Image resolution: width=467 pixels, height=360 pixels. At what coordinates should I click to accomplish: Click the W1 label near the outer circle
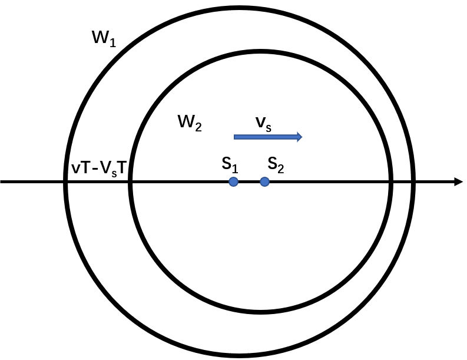pyautogui.click(x=104, y=39)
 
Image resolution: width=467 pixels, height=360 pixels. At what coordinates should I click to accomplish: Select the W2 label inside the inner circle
pyautogui.click(x=190, y=123)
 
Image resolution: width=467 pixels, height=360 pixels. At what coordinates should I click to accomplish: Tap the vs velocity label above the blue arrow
pyautogui.click(x=264, y=124)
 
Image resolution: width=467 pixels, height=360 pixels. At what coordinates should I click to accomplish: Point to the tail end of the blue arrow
pyautogui.click(x=234, y=137)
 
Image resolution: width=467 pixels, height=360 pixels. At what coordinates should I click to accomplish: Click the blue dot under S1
pyautogui.click(x=233, y=181)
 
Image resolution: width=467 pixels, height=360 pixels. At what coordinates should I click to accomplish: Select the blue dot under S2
pyautogui.click(x=265, y=181)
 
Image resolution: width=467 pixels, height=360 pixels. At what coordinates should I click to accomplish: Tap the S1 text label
pyautogui.click(x=230, y=165)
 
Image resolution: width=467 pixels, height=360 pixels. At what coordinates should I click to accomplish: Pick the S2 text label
pyautogui.click(x=276, y=165)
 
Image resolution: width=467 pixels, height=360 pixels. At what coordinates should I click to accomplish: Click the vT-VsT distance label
pyautogui.click(x=99, y=168)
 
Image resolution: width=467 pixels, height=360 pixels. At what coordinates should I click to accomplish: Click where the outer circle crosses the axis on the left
pyautogui.click(x=65, y=181)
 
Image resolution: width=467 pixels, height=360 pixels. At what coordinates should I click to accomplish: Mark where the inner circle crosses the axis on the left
pyautogui.click(x=130, y=181)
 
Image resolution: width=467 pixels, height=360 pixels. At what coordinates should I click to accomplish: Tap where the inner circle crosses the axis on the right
pyautogui.click(x=391, y=181)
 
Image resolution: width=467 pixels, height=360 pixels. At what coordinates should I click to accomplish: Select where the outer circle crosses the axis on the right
pyautogui.click(x=413, y=181)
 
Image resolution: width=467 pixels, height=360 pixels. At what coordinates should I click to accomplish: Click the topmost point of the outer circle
pyautogui.click(x=239, y=8)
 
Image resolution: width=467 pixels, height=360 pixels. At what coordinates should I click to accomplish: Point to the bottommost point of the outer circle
pyautogui.click(x=239, y=355)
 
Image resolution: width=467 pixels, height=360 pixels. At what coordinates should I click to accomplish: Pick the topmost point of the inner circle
pyautogui.click(x=261, y=52)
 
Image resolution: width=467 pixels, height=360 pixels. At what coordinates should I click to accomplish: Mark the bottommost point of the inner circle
pyautogui.click(x=261, y=312)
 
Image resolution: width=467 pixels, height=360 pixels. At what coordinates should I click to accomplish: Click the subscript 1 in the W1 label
pyautogui.click(x=112, y=42)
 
